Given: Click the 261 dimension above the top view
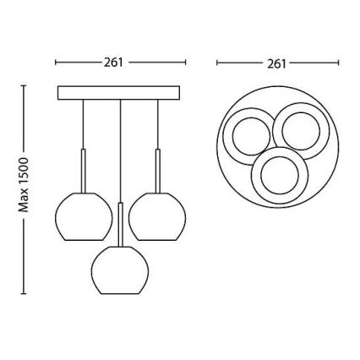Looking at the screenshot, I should click(x=276, y=63).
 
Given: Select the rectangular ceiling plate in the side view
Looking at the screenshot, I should click(x=119, y=92).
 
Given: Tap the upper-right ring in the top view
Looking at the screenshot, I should click(x=299, y=130).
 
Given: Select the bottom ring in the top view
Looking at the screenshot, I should click(x=281, y=173).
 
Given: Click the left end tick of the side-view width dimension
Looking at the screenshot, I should click(x=55, y=63).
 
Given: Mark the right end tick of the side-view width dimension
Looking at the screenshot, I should click(x=186, y=63).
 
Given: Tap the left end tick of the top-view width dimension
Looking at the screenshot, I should click(x=217, y=63).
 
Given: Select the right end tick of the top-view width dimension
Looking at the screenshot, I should click(x=338, y=63).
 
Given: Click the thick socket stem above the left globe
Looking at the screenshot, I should click(x=83, y=170).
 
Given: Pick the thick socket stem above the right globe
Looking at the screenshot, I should click(x=158, y=170).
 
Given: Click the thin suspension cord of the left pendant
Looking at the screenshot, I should click(x=83, y=123).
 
